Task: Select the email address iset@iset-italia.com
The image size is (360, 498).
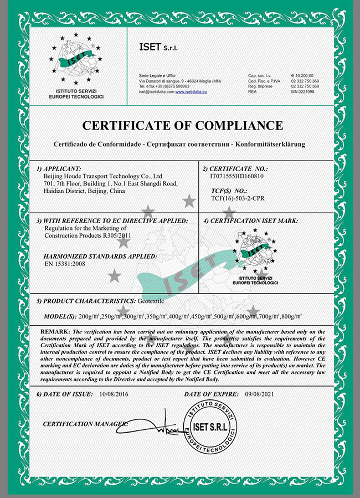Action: [156, 91]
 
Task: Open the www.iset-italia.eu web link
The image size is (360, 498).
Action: [191, 91]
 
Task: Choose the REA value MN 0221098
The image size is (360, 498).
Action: [302, 91]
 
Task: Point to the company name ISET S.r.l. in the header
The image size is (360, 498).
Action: [158, 49]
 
